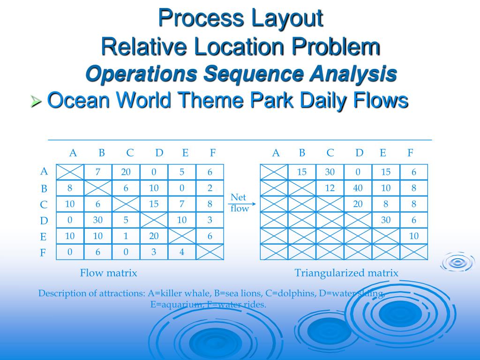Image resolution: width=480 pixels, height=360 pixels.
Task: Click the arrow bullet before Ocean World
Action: (x=36, y=101)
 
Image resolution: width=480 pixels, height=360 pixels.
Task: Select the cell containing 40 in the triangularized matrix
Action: (x=358, y=188)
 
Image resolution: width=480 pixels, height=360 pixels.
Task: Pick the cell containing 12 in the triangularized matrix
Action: (x=330, y=188)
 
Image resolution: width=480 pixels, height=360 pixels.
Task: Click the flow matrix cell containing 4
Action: (x=182, y=252)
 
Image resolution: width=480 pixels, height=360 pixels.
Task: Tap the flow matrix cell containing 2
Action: (x=210, y=188)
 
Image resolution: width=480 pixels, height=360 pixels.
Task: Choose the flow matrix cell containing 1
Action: (x=126, y=236)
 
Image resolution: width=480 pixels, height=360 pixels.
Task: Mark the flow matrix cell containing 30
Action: (x=97, y=220)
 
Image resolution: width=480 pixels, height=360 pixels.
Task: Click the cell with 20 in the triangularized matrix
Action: (x=358, y=204)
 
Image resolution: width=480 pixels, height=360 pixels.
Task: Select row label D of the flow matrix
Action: (x=44, y=221)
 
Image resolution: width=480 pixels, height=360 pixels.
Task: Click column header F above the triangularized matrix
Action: (x=411, y=153)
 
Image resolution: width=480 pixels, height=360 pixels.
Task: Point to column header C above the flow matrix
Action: (x=130, y=153)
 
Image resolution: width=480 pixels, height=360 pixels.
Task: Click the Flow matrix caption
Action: (x=108, y=273)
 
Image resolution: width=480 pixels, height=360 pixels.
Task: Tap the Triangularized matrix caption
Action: (x=346, y=273)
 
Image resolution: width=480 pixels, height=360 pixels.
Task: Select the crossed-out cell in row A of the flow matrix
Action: (x=69, y=172)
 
